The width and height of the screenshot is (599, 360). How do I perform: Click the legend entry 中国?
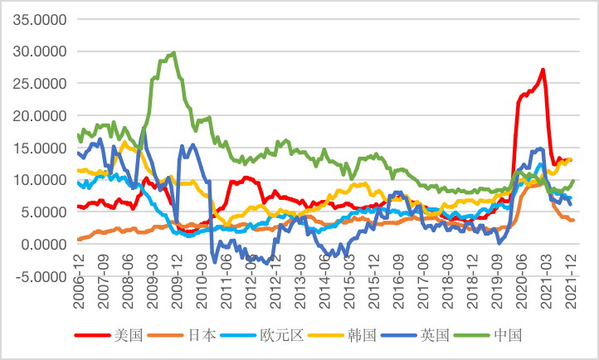[x=507, y=336]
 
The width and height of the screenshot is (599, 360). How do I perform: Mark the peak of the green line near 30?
[x=173, y=53]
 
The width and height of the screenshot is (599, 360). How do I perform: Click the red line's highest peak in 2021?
[x=543, y=70]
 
